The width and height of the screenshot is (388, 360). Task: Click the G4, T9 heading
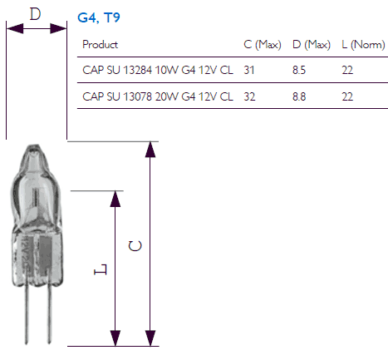99,17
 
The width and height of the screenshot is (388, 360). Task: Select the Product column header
100,44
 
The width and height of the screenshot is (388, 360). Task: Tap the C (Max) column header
263,44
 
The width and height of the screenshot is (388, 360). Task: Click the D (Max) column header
312,44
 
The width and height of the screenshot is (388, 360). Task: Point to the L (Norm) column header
363,44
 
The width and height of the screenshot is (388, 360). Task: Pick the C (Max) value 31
249,70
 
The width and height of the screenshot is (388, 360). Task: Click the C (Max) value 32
249,96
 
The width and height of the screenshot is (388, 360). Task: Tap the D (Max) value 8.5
299,70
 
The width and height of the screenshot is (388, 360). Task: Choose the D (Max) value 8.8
299,96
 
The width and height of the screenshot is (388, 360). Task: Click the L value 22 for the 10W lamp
347,70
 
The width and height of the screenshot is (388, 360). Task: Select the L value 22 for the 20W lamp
347,96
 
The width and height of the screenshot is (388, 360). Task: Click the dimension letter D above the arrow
35,14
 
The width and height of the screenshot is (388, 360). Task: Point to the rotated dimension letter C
135,246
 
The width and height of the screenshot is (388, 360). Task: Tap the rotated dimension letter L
101,269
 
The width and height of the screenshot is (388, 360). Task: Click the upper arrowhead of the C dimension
150,150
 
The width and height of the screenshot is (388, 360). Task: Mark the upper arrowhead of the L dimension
115,199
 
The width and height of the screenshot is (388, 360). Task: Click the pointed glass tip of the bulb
34,147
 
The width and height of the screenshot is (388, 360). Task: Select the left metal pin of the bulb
27,314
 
